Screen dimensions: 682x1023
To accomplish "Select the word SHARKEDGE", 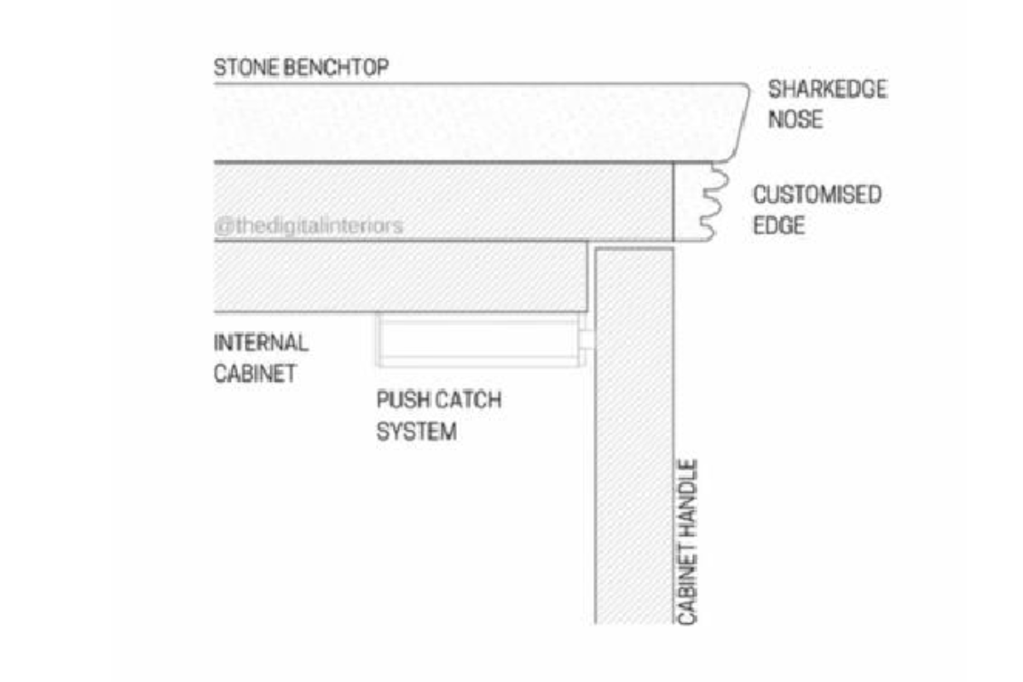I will pos(827,90).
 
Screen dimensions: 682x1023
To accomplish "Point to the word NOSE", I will pos(795,119).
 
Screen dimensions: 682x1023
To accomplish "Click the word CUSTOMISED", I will pos(816,195).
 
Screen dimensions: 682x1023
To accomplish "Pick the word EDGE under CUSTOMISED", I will pos(777,226).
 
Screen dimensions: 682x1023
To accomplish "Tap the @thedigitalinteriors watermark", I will pos(309,227).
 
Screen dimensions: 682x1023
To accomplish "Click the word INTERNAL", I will pos(260,344).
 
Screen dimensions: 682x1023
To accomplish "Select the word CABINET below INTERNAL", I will pos(254,373).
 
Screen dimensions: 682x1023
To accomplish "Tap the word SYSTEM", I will pos(416,431).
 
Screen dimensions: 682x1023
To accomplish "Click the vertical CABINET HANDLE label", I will pos(689,543).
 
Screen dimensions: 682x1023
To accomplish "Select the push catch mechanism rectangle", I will pos(477,340).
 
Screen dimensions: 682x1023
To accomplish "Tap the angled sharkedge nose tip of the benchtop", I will pos(740,119).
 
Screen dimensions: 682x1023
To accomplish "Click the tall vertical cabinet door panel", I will pos(634,435).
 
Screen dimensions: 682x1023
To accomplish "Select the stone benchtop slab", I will pos(469,122).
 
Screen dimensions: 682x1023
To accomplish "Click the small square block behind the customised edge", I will pos(691,202).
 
